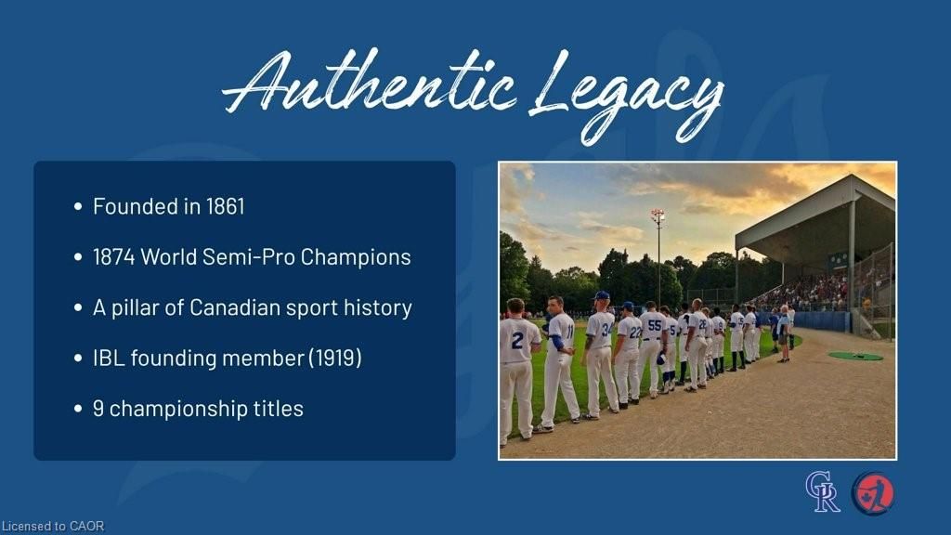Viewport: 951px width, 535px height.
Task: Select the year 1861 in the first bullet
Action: (x=225, y=206)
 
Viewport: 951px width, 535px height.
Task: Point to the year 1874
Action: (x=114, y=256)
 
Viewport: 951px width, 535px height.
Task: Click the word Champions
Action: (x=356, y=257)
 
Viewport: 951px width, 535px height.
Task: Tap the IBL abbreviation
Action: (x=109, y=358)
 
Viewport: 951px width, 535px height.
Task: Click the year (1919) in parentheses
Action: (x=334, y=358)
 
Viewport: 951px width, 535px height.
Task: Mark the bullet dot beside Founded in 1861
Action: (x=78, y=207)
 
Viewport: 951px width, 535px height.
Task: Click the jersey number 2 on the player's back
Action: (x=516, y=340)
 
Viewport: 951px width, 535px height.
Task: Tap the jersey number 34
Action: (x=607, y=330)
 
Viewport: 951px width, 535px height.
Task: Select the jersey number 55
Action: (x=655, y=326)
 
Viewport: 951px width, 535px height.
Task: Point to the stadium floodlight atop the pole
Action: (x=658, y=215)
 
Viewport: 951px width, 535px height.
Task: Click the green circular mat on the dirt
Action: (x=855, y=356)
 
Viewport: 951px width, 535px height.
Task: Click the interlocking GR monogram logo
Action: (x=823, y=492)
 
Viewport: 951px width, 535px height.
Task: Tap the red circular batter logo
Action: (x=873, y=493)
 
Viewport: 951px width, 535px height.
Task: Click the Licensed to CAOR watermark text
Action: (x=53, y=527)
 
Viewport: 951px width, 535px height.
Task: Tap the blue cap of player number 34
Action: (x=602, y=295)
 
